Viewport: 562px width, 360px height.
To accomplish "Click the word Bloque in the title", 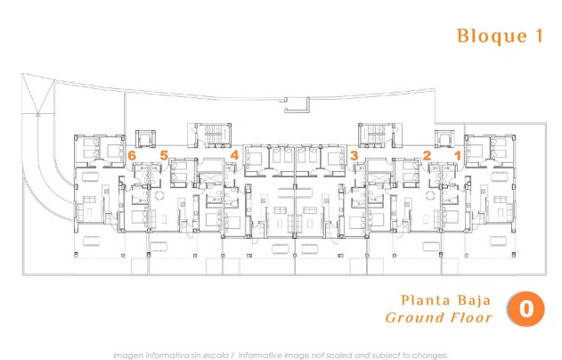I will point(485,37).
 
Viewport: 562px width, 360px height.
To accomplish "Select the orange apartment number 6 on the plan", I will point(133,155).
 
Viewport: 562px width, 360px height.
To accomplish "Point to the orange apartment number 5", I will point(164,155).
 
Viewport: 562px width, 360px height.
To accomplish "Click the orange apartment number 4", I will point(234,155).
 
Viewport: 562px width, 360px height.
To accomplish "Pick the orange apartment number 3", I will point(354,155).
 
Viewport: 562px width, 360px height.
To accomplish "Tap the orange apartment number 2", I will point(427,155).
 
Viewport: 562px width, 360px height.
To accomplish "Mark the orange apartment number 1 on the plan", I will point(458,155).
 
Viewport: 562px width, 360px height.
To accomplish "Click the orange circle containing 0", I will point(525,309).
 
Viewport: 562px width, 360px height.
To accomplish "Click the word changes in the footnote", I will point(428,354).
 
